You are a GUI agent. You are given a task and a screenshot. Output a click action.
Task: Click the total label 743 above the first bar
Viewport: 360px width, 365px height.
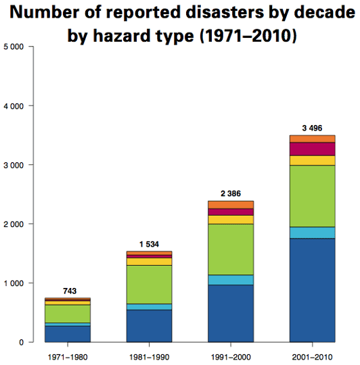point(70,291)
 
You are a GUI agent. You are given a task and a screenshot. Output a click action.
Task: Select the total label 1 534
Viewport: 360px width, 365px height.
point(149,244)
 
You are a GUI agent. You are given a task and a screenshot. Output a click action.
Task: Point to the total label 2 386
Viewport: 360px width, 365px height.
point(231,193)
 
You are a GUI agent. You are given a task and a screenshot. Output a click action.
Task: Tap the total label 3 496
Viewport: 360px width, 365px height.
point(312,128)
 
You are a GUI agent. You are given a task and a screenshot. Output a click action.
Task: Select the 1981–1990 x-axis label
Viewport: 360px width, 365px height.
point(149,356)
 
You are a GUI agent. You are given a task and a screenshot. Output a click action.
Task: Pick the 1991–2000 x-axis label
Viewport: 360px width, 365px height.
point(231,356)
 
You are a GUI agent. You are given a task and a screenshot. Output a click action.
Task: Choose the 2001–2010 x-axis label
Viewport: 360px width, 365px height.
point(312,356)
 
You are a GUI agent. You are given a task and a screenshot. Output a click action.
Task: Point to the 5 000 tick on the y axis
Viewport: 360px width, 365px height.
point(14,47)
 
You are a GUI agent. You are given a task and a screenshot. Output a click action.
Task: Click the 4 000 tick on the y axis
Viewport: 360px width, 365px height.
point(14,106)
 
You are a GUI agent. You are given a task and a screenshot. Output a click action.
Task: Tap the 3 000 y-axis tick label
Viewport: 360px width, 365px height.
point(14,165)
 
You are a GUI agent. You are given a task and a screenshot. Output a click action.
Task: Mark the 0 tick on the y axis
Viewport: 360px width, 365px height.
point(22,342)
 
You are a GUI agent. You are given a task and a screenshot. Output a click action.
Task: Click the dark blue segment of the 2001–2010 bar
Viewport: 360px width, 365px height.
point(312,290)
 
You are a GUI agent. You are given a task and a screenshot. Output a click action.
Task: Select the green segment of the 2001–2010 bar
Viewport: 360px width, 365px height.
point(312,196)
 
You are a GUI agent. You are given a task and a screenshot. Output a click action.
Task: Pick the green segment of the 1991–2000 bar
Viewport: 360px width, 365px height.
point(231,249)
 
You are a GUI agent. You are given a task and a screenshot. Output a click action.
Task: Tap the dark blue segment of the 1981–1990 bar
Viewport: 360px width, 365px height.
point(149,326)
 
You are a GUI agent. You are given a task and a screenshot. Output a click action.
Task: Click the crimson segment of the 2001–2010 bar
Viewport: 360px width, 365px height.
point(312,149)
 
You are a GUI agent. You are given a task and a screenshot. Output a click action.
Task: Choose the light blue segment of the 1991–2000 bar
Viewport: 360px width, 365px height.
point(231,280)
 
